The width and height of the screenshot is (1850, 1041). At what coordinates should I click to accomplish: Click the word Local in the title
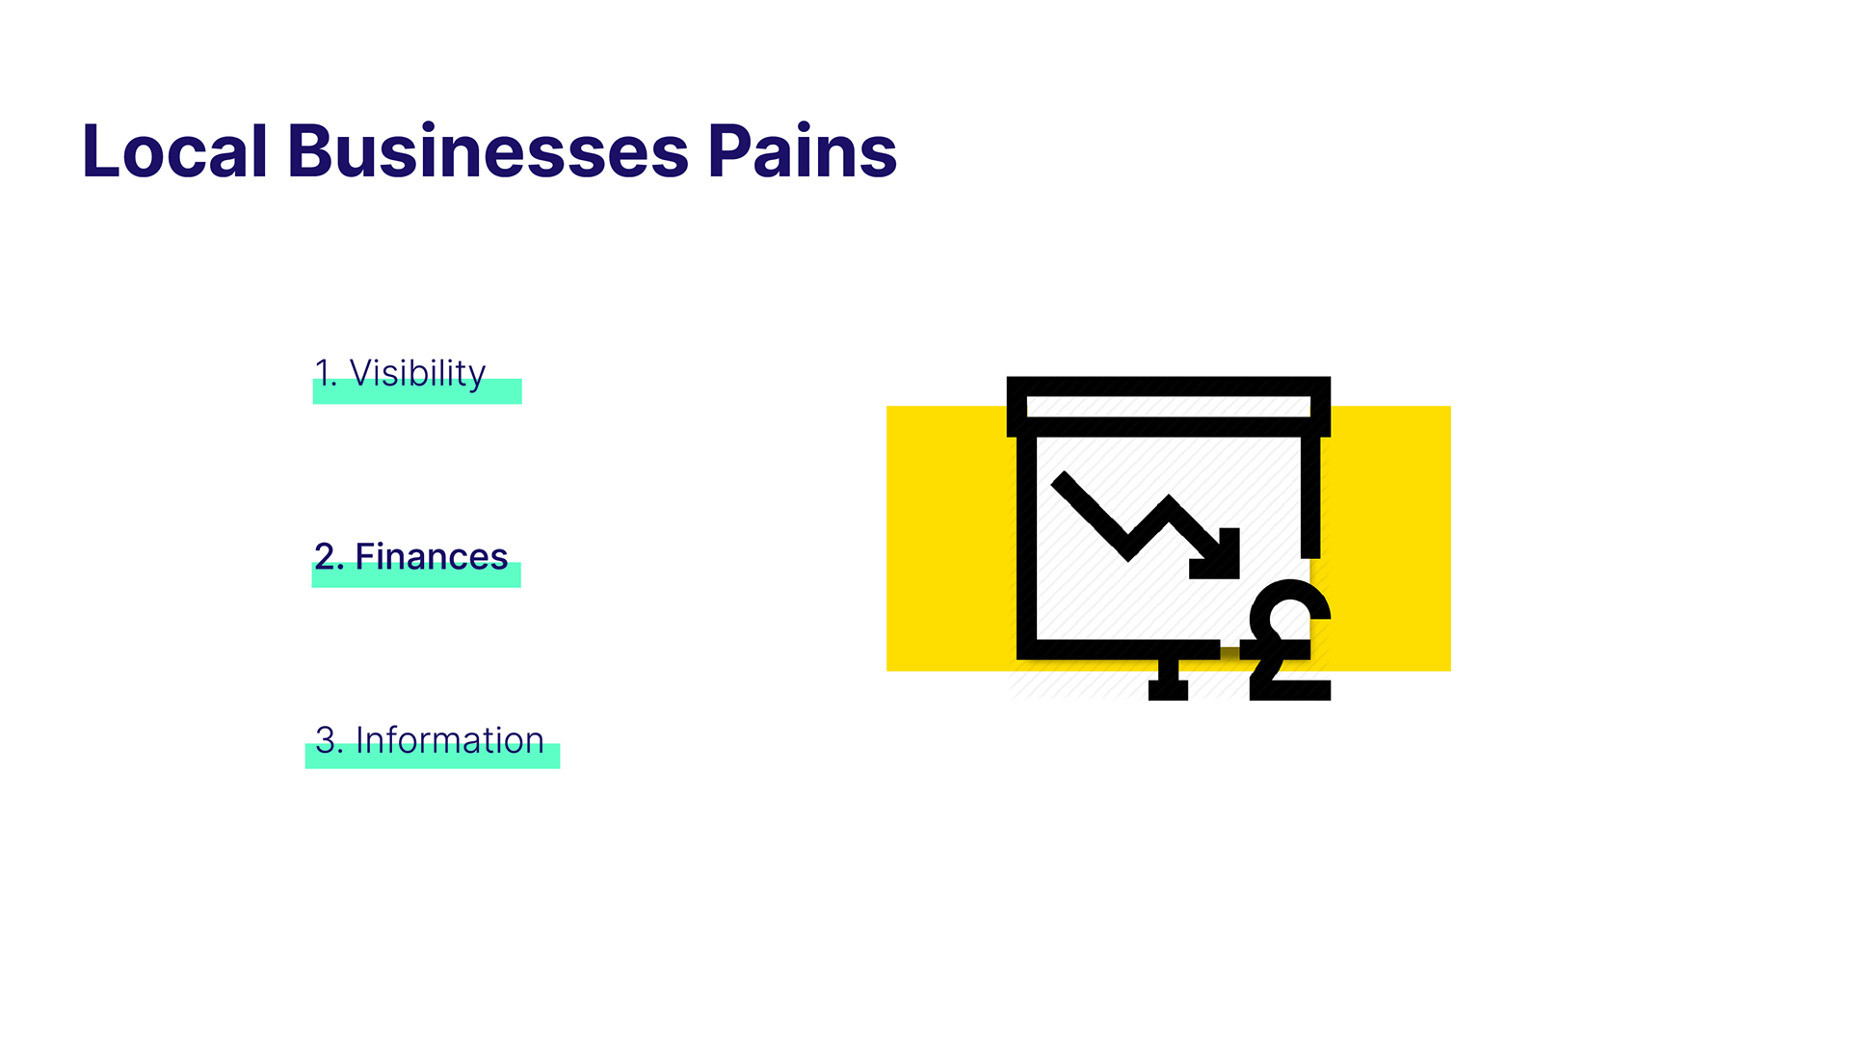coord(174,151)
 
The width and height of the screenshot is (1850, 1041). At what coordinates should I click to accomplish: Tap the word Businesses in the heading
coord(488,151)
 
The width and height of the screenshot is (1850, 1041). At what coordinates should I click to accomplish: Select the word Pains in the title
coord(802,151)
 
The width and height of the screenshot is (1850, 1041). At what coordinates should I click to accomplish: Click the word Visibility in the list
coord(417,374)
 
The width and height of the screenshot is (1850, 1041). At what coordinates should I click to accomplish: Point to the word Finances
coord(431,556)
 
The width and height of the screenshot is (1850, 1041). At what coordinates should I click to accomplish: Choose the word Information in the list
coord(450,740)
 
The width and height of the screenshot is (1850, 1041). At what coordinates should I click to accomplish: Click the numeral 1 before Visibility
coord(323,372)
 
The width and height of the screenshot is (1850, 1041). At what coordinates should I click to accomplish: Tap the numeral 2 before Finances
coord(325,556)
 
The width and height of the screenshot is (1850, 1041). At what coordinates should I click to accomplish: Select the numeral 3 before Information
coord(326,740)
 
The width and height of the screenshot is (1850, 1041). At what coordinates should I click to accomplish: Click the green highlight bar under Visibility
coord(417,391)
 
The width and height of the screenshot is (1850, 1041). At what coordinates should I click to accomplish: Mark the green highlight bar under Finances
coord(416,575)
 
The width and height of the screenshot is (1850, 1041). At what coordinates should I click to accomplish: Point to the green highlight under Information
coord(433,756)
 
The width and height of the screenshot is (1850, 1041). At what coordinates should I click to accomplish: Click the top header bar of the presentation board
coord(1169,407)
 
